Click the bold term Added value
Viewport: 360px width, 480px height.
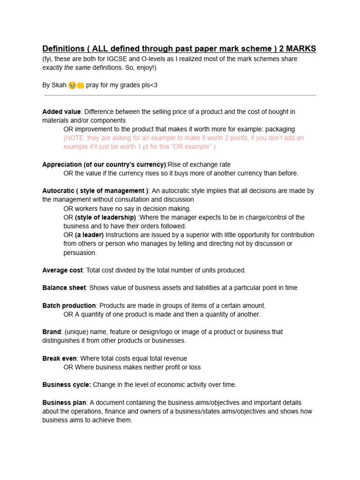[x=61, y=112]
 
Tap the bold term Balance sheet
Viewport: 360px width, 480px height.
[x=64, y=287]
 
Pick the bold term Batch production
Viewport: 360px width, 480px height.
[x=69, y=305]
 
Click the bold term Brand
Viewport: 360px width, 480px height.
[x=52, y=331]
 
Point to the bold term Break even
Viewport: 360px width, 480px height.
[x=60, y=358]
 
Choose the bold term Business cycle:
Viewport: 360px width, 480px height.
[x=67, y=384]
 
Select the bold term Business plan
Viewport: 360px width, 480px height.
[x=64, y=402]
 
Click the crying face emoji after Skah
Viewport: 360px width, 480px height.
[x=72, y=85]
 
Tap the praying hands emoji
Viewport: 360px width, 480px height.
[x=80, y=85]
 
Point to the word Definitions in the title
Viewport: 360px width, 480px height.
[x=62, y=49]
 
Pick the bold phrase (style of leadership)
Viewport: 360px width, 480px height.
[x=105, y=217]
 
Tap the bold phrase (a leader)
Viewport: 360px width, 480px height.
[x=89, y=234]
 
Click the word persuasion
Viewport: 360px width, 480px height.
[x=80, y=253]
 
